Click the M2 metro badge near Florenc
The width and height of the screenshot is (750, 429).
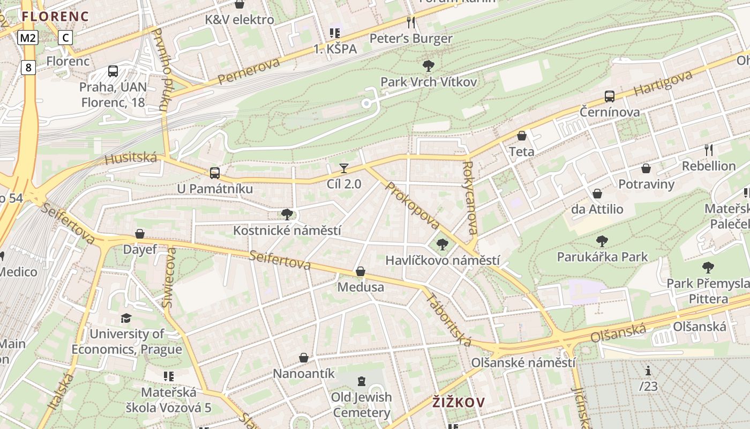coord(28,38)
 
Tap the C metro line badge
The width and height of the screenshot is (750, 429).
coord(65,38)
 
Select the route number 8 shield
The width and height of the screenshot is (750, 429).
coord(28,68)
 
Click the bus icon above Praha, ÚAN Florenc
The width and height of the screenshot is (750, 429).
coord(113,71)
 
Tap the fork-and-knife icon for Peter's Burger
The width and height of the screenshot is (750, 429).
coord(411,23)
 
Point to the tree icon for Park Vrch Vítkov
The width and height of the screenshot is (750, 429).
coord(428,66)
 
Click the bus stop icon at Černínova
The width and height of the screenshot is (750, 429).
coord(609,97)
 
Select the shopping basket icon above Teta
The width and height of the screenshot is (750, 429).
coord(521,136)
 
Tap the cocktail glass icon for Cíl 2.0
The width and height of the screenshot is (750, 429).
coord(343,168)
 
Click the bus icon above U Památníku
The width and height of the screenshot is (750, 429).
coord(215,173)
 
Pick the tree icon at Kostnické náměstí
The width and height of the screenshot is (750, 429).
coord(287,214)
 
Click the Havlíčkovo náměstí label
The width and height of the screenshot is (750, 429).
coord(442,261)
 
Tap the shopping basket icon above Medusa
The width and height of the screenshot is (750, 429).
coord(361,272)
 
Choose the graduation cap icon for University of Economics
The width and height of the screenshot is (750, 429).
coord(126,318)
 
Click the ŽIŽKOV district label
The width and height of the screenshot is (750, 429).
coord(459,402)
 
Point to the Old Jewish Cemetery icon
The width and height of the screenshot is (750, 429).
coord(362,381)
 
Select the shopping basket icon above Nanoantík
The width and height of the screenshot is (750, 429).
coord(304,358)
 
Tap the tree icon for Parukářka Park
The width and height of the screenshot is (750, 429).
coord(602,241)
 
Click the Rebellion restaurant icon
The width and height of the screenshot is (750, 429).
coord(708,150)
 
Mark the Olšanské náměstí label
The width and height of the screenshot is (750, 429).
coord(523,363)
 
